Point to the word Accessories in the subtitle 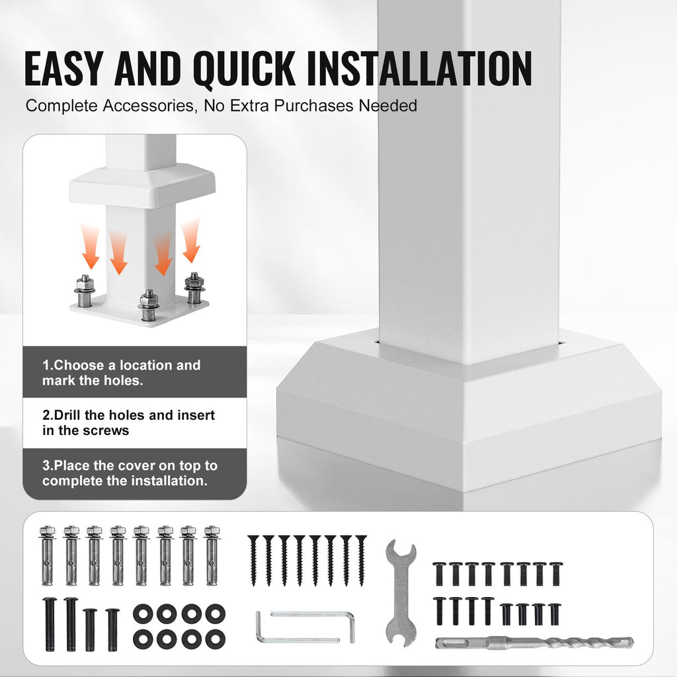click(150, 106)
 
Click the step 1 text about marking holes click(122, 373)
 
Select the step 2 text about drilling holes click(129, 422)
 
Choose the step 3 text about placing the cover click(130, 473)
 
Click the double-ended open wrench click(401, 592)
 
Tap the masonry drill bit click(534, 643)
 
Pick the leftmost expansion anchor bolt click(47, 555)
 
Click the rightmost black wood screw click(362, 561)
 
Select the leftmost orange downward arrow click(90, 247)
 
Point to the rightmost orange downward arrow click(191, 240)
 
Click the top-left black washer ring click(143, 614)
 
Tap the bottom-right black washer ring click(215, 639)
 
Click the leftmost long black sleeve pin click(50, 624)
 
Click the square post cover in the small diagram click(141, 184)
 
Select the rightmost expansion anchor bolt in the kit click(212, 555)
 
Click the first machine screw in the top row click(439, 574)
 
